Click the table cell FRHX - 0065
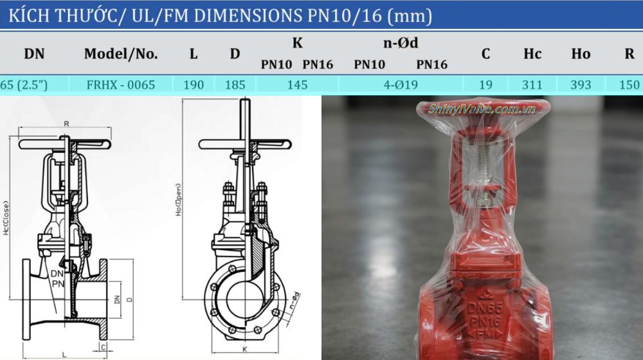click(121, 84)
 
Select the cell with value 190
click(193, 84)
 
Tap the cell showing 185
click(235, 84)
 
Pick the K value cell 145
click(297, 84)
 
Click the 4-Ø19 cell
click(401, 84)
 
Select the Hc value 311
click(532, 84)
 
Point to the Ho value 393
click(581, 84)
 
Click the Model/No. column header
click(121, 54)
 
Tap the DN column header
click(34, 54)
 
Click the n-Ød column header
click(401, 44)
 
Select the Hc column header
click(532, 54)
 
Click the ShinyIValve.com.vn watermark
click(482, 109)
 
